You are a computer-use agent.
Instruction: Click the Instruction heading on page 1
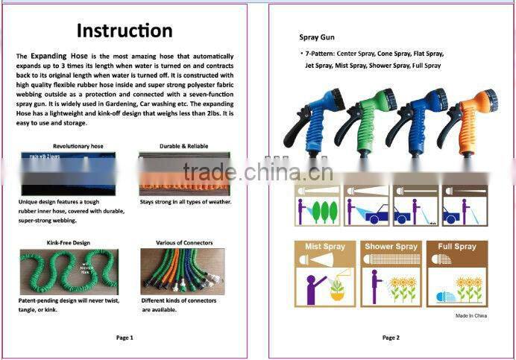[125, 31]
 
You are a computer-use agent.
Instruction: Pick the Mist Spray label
[324, 247]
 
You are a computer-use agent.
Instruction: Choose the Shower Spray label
[390, 247]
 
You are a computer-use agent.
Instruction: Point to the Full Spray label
[456, 247]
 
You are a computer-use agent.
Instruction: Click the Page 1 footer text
[125, 338]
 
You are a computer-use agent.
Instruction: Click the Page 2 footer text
[391, 338]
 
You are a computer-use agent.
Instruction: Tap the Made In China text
[471, 316]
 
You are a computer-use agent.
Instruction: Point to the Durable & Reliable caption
[183, 146]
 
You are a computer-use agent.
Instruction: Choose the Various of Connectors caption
[184, 243]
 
